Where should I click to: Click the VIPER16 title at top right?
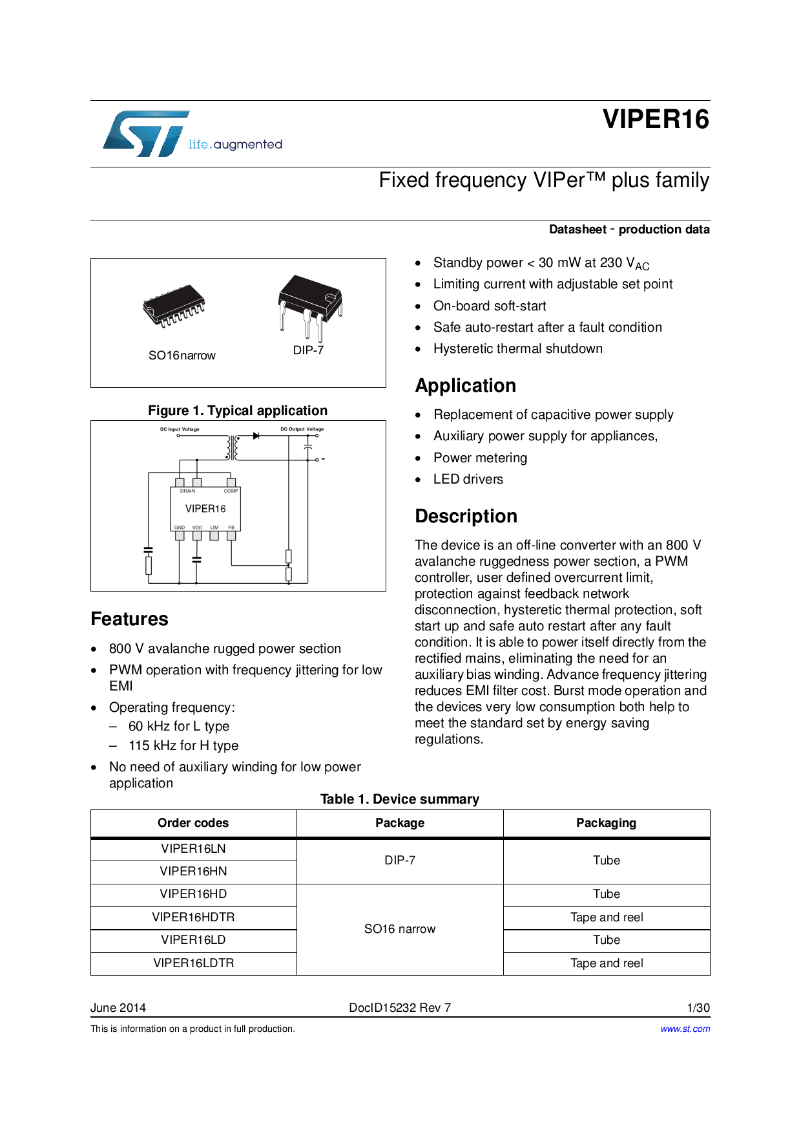(656, 120)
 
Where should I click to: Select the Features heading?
(129, 619)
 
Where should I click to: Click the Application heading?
(465, 385)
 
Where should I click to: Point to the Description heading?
(466, 516)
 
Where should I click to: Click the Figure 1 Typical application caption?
(238, 411)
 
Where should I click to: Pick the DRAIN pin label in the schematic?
(187, 491)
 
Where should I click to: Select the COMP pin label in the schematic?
(231, 491)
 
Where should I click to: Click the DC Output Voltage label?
(302, 429)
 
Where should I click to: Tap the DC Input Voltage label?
(180, 429)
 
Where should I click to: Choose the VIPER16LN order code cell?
(193, 849)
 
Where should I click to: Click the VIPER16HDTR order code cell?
(193, 917)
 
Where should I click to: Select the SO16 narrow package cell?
(400, 929)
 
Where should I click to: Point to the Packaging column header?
(606, 823)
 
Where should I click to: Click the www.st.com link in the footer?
(685, 1029)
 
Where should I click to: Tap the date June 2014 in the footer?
(118, 1007)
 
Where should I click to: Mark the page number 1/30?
(698, 1007)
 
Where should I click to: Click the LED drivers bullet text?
(468, 479)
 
